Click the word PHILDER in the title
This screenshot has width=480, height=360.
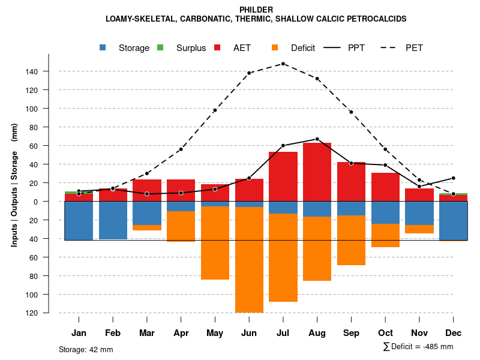tap(256, 10)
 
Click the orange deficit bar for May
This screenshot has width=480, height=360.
tap(215, 243)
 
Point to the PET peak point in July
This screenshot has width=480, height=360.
tap(283, 64)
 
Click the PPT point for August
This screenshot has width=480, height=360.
tap(317, 139)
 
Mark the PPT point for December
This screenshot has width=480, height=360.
tap(454, 178)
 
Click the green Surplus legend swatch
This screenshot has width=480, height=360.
tap(160, 48)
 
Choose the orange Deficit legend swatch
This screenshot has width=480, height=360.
tap(275, 48)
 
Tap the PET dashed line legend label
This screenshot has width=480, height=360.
tap(414, 48)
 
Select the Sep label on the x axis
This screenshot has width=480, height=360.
tap(351, 333)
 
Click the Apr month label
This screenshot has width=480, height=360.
tap(181, 333)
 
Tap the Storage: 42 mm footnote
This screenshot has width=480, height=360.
tap(86, 349)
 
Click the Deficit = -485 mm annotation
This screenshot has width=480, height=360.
tap(418, 347)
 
